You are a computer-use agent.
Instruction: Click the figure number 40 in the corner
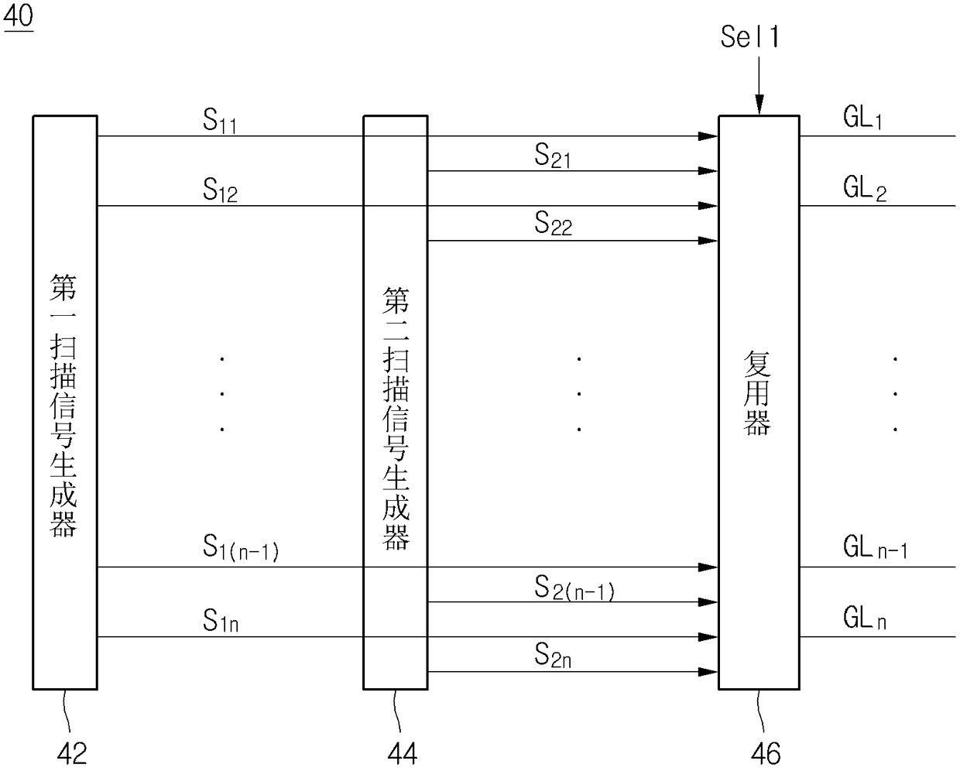(19, 16)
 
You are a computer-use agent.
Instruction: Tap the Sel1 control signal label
(749, 37)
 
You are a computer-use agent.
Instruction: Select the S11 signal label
(220, 122)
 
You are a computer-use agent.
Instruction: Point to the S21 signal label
(553, 157)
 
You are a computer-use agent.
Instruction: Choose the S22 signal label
(553, 224)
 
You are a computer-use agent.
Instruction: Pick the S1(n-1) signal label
(241, 549)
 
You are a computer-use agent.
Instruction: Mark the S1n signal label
(221, 621)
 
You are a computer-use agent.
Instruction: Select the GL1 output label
(862, 118)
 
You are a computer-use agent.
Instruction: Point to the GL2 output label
(865, 188)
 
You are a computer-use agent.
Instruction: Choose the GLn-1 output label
(875, 549)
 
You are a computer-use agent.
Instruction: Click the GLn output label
(865, 619)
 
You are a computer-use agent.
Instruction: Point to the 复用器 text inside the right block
(758, 394)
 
